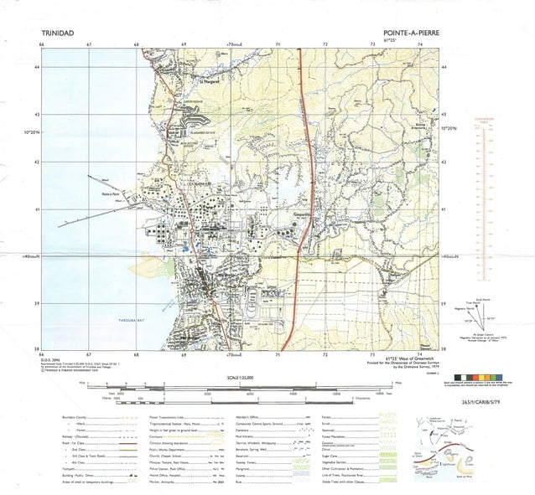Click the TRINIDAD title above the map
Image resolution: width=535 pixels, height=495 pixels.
58,34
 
